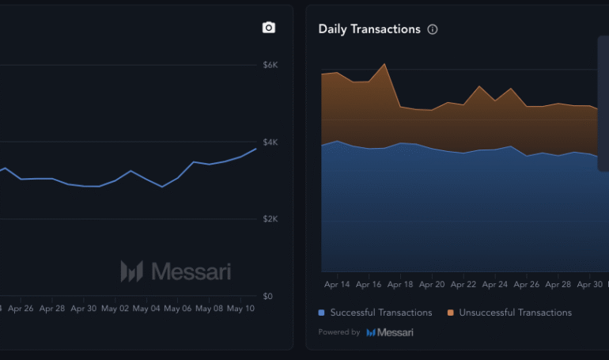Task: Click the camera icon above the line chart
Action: [269, 28]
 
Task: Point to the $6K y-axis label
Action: [270, 65]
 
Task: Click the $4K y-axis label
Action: [270, 142]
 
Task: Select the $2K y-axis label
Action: [270, 219]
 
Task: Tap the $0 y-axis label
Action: [268, 297]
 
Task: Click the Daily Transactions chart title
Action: [369, 29]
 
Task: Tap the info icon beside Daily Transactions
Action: [433, 29]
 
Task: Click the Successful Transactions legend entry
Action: [376, 313]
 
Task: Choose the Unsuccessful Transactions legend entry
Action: [509, 313]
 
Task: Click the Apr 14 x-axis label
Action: [337, 284]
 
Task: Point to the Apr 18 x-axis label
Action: [400, 284]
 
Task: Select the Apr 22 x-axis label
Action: [463, 284]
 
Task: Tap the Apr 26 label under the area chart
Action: [527, 284]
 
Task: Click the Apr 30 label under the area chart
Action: [590, 284]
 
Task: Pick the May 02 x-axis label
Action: [115, 309]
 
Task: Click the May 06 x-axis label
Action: [177, 309]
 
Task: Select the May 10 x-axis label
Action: [240, 309]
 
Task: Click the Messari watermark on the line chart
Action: [176, 271]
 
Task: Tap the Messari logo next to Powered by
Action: [389, 332]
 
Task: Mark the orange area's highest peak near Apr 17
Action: [384, 64]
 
